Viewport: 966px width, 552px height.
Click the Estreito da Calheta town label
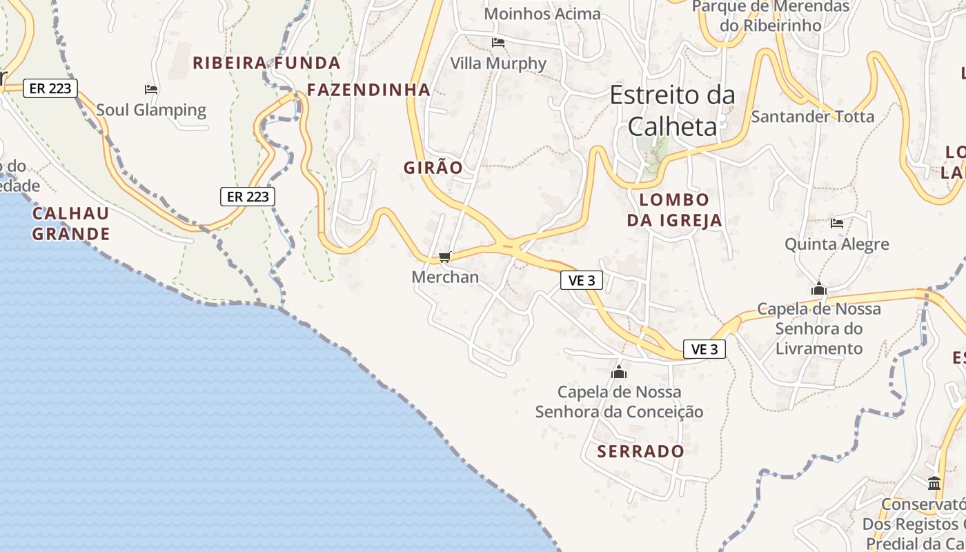pos(672,110)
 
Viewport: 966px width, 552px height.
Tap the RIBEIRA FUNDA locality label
pos(266,63)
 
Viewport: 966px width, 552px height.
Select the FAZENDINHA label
pos(368,90)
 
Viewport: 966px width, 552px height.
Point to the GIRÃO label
pos(433,168)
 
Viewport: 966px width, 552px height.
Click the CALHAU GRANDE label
pos(71,223)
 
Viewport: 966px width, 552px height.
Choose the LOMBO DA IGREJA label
pos(674,210)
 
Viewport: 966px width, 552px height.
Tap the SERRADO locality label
pos(640,451)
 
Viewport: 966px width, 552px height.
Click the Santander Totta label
pos(812,116)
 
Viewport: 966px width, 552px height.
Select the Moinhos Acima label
pos(542,13)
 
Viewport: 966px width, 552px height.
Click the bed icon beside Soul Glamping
pos(151,90)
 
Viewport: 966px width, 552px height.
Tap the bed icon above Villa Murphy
pos(498,43)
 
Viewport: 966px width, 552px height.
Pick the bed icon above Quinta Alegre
pos(837,223)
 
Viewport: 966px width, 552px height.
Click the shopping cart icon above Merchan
pos(444,257)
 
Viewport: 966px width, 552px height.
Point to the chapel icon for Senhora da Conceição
pos(619,372)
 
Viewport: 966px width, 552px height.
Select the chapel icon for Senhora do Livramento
pos(819,288)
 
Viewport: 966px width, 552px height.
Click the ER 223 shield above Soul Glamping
pos(50,88)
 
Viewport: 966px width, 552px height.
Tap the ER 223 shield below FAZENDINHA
pos(248,197)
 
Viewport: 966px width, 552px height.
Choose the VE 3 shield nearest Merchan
pos(582,280)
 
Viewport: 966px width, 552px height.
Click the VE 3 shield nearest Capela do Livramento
pos(704,349)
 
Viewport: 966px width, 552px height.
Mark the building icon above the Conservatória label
pos(934,482)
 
